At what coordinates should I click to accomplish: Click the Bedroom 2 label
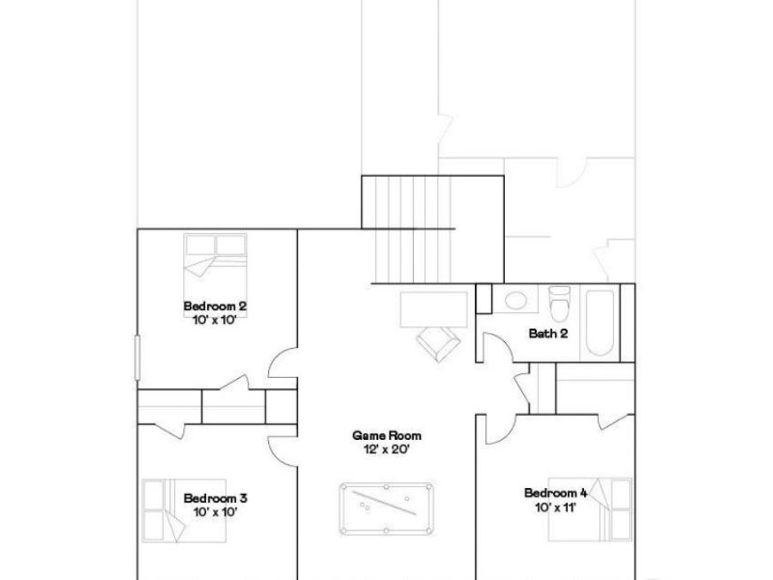[215, 306]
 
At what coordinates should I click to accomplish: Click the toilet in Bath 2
[559, 303]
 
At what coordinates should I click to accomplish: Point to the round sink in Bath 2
[516, 301]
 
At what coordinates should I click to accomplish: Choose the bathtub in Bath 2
[600, 325]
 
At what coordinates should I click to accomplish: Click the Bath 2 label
[548, 334]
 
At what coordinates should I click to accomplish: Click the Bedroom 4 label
[556, 492]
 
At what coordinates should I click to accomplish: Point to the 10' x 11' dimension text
[556, 506]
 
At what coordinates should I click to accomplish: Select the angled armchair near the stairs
[438, 341]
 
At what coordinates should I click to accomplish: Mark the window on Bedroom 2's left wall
[137, 356]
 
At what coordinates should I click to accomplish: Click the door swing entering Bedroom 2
[281, 366]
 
